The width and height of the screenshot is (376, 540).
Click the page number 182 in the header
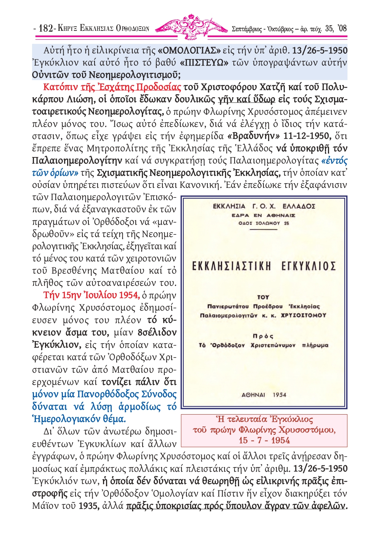(46, 28)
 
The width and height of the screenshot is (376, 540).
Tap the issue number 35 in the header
(329, 29)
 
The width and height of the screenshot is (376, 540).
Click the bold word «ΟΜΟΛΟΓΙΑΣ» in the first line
(189, 50)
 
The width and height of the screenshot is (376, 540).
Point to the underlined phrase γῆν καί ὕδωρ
(246, 99)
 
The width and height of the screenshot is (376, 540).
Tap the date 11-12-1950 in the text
(307, 136)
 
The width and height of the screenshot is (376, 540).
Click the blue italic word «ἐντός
(334, 160)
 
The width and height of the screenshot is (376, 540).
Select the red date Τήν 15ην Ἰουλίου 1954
(91, 295)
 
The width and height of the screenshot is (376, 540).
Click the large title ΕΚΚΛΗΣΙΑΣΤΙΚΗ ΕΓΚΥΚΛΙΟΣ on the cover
(264, 266)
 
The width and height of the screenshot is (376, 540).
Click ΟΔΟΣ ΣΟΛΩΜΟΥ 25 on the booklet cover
(264, 223)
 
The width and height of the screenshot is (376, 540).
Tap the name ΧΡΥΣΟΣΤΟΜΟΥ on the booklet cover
(304, 316)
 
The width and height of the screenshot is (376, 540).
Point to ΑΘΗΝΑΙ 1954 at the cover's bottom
(264, 395)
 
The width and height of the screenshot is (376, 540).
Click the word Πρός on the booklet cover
(263, 336)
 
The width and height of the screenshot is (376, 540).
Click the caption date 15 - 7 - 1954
(264, 441)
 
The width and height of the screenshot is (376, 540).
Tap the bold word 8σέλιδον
(157, 332)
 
